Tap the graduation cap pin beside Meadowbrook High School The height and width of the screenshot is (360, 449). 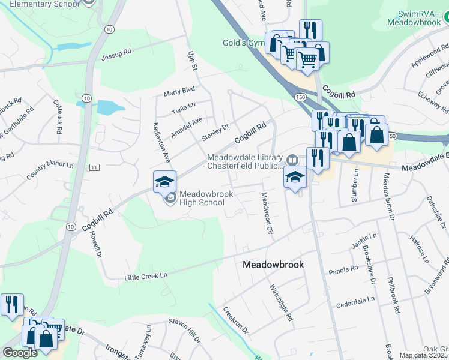[165, 181]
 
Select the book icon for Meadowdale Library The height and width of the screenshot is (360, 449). [292, 160]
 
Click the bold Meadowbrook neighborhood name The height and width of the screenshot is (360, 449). [273, 265]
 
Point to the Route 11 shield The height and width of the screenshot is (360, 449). [94, 167]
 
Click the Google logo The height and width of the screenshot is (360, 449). [20, 353]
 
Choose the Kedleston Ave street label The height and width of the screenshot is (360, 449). [161, 143]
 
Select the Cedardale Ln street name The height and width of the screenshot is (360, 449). [355, 299]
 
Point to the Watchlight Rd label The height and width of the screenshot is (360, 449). [282, 303]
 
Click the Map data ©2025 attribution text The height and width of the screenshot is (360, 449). [423, 355]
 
